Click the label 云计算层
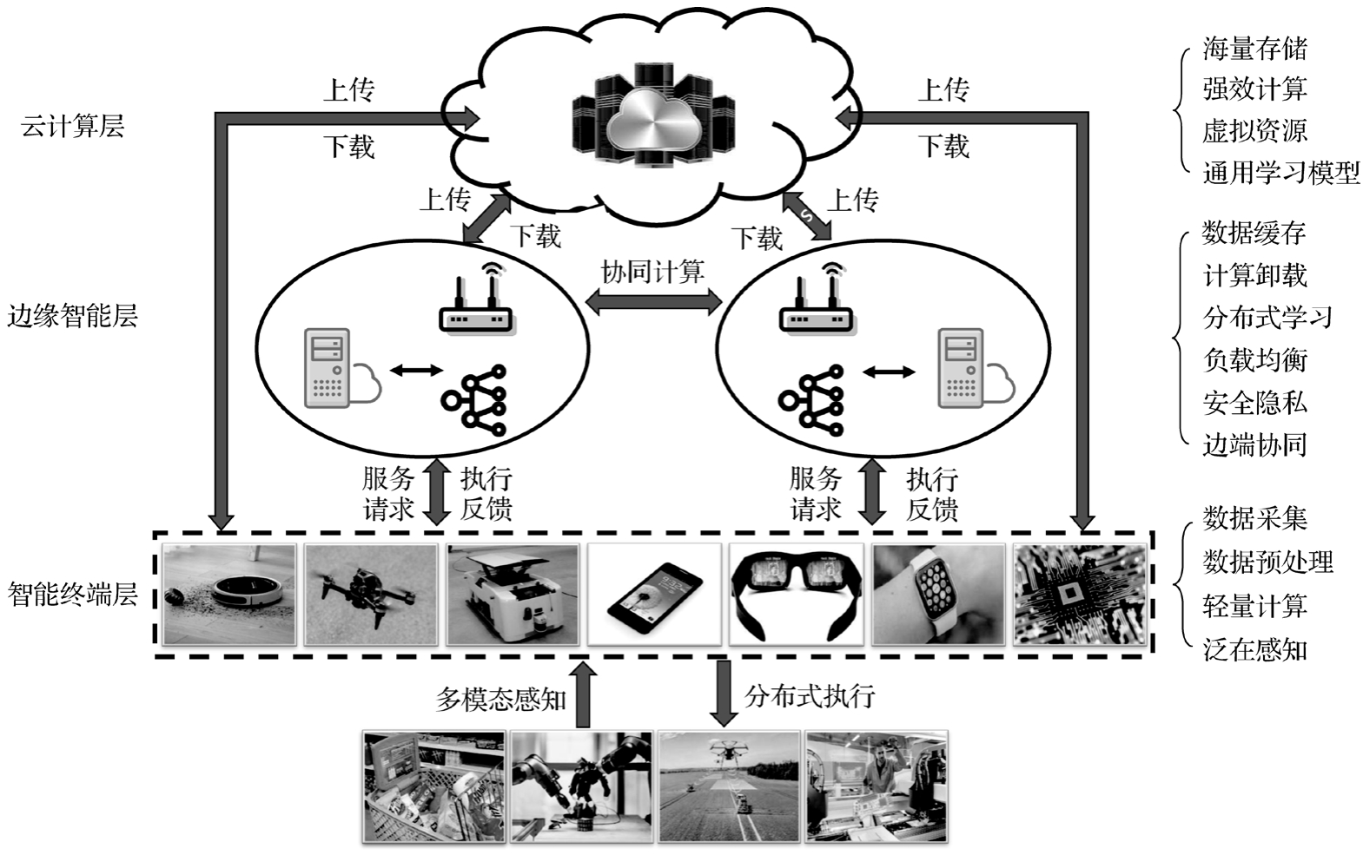pyautogui.click(x=72, y=127)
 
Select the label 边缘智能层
pyautogui.click(x=72, y=315)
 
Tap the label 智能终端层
pyautogui.click(x=72, y=595)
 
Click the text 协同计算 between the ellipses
pyautogui.click(x=652, y=272)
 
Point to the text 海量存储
pyautogui.click(x=1254, y=49)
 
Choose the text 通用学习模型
pyautogui.click(x=1280, y=173)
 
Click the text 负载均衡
pyautogui.click(x=1254, y=359)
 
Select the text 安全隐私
pyautogui.click(x=1254, y=402)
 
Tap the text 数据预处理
pyautogui.click(x=1267, y=562)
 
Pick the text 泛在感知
pyautogui.click(x=1254, y=648)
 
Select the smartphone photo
pyautogui.click(x=654, y=595)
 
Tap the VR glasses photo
pyautogui.click(x=796, y=595)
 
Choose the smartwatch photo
pyautogui.click(x=938, y=595)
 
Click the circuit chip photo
pyautogui.click(x=1080, y=595)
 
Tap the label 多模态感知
pyautogui.click(x=500, y=699)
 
